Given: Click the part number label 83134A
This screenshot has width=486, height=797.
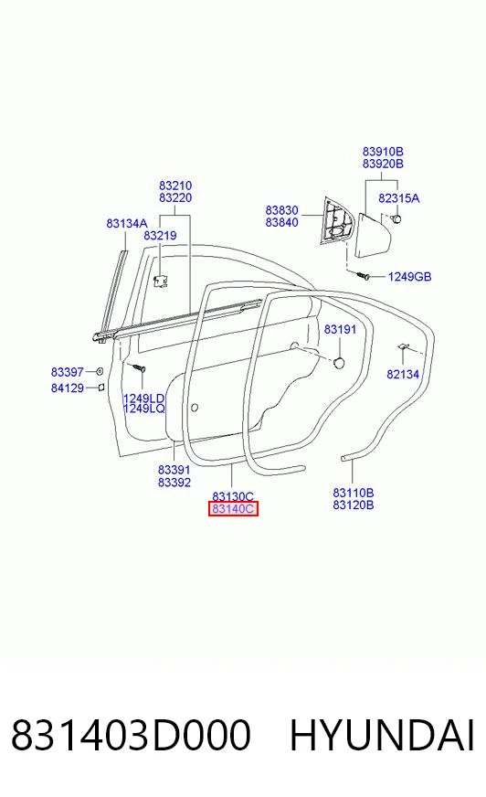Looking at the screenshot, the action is tap(126, 223).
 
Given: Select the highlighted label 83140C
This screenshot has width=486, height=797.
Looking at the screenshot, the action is tap(233, 509).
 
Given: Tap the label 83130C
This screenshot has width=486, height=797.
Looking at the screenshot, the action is tap(233, 496).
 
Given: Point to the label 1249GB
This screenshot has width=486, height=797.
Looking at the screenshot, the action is tap(410, 277).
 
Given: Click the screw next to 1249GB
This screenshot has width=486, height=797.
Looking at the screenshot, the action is tap(364, 275).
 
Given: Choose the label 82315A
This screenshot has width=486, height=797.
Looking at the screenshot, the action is tap(399, 198).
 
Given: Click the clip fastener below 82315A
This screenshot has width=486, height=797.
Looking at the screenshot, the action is tap(396, 218).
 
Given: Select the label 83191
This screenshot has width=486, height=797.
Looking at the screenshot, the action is tap(340, 329).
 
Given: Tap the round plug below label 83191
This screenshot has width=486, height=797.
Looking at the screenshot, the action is tap(339, 363).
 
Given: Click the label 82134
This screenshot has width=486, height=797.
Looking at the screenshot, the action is tap(403, 374).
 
